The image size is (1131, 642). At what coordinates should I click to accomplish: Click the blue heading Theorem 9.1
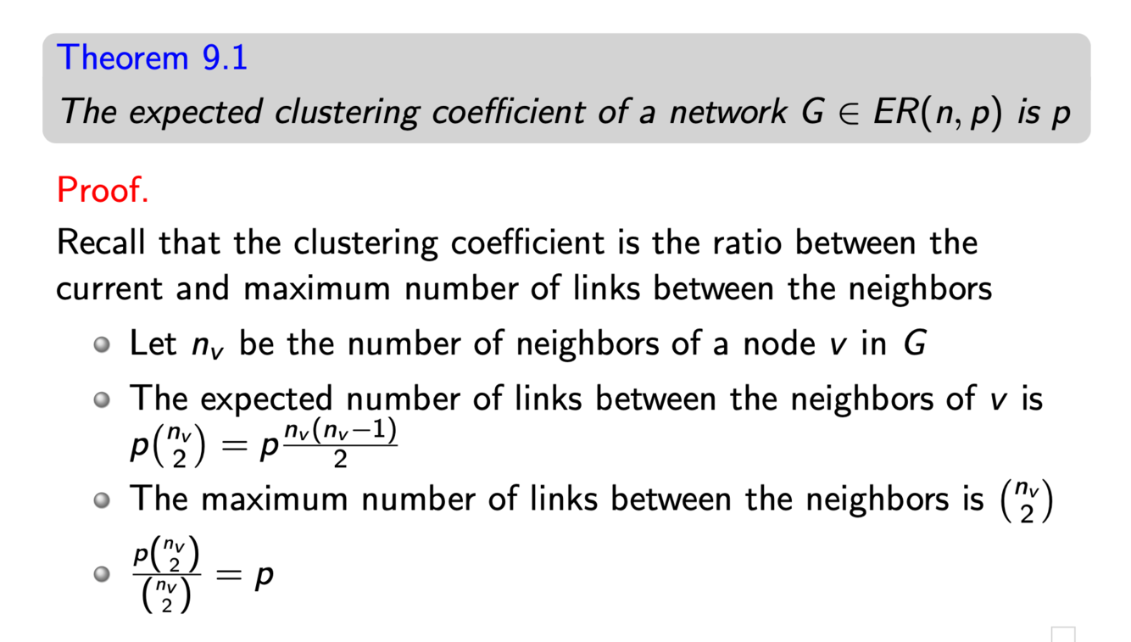click(152, 57)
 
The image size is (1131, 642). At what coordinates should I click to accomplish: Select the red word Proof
click(103, 190)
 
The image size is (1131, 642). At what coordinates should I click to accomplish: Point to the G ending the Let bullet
click(914, 344)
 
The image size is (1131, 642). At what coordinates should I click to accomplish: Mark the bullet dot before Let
click(102, 345)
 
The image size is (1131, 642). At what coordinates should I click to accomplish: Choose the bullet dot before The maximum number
click(102, 500)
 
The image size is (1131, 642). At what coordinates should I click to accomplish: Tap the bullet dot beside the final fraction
click(102, 575)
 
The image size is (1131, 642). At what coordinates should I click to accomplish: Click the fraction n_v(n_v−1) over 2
click(340, 444)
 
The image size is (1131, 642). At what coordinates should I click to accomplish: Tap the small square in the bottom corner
click(1063, 634)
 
